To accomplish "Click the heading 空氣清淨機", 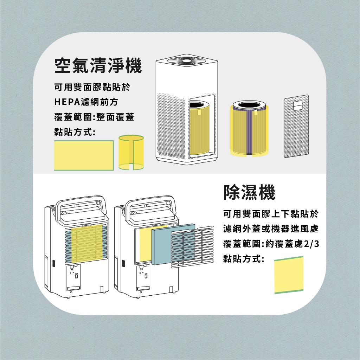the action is pos(98,66).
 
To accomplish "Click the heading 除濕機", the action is pos(249,192).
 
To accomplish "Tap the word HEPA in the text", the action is pos(67,102).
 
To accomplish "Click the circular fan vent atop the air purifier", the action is pos(186,60).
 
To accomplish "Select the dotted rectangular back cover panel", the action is pos(296,126).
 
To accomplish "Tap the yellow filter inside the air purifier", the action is pos(199,130).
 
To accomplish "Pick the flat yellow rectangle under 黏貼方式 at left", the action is pos(84,155).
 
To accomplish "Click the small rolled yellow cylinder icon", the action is pos(131,152).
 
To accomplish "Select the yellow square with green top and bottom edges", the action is pos(289,275).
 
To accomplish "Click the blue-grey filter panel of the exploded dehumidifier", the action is pos(173,244).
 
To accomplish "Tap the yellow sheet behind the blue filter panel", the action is pos(146,246).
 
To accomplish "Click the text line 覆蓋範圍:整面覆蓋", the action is pos(94,117).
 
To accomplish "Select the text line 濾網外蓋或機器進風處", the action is pos(271,229).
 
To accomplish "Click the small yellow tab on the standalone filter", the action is pos(256,112).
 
